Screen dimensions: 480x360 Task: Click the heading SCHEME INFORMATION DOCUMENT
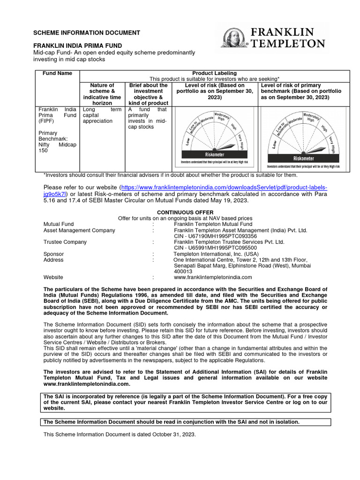(x=86, y=33)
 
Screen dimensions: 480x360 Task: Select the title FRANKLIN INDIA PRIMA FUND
(x=77, y=45)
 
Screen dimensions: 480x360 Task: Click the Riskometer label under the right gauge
(x=304, y=158)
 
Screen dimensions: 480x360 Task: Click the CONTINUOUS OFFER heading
(x=185, y=212)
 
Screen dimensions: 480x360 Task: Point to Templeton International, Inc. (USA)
(x=214, y=254)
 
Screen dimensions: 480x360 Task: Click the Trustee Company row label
(x=65, y=242)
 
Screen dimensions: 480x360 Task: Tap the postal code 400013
(x=183, y=271)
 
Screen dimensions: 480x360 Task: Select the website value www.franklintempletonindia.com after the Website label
(x=213, y=277)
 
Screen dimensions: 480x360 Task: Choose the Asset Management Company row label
(x=79, y=230)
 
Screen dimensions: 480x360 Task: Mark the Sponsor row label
(x=54, y=254)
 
